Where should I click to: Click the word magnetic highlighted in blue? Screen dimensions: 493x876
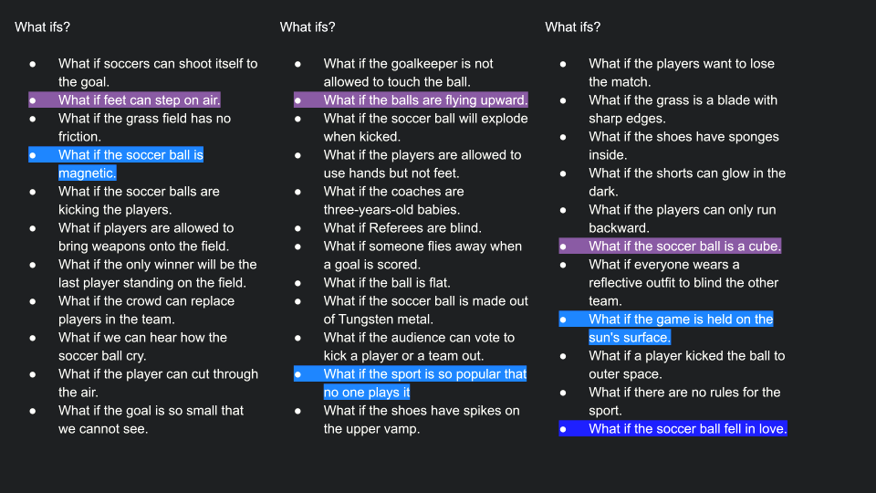(86, 173)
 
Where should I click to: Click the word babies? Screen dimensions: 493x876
(438, 210)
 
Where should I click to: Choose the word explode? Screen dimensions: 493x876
(504, 119)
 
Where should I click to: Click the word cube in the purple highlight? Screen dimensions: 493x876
(764, 246)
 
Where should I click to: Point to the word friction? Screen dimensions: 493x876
(79, 137)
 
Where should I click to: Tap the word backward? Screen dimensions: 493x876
(619, 228)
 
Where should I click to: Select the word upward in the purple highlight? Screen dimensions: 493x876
(504, 100)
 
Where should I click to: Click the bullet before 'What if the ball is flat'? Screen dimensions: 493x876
(298, 283)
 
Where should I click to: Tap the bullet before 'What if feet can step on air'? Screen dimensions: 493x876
(34, 100)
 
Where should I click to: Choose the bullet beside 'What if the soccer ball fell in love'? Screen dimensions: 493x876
(564, 429)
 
